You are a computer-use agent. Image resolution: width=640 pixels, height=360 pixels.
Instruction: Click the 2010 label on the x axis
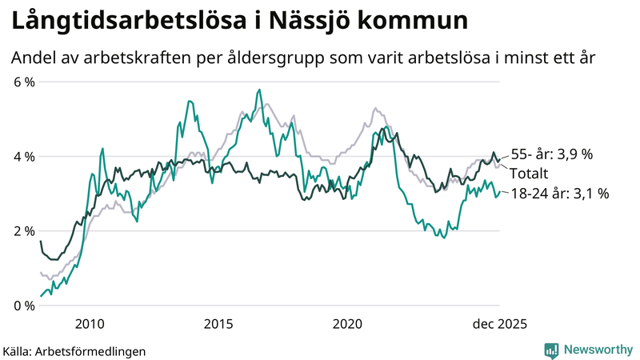(89, 324)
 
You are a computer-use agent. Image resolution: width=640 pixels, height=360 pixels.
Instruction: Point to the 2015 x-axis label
(218, 324)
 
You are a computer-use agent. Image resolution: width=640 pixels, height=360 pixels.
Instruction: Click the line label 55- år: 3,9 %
(552, 154)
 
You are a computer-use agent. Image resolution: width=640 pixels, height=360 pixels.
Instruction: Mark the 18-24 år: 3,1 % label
(560, 193)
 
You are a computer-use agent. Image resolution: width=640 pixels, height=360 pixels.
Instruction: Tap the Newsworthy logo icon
(551, 350)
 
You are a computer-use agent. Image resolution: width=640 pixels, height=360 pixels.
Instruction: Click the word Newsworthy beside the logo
(597, 350)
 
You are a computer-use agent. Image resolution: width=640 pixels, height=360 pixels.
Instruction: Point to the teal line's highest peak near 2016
(259, 90)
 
